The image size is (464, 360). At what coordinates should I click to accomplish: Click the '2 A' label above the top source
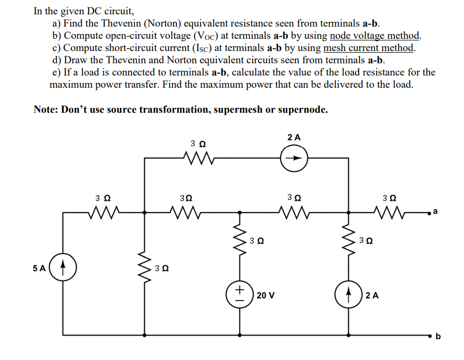point(294,137)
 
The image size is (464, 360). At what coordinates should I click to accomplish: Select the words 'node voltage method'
point(375,36)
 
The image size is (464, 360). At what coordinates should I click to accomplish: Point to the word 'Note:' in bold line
point(46,110)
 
